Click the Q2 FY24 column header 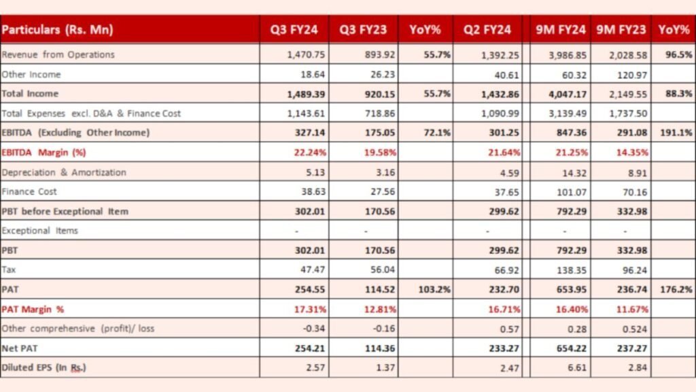point(487,30)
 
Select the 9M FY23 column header point(621,30)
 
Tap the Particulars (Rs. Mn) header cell point(57,30)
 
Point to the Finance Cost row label point(29,191)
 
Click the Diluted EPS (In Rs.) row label point(43,367)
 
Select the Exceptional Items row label point(39,231)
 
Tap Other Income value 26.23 point(373,74)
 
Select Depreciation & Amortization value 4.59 point(508,172)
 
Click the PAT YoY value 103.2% point(434,289)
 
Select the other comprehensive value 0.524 point(634,329)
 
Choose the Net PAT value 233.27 point(504,348)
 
